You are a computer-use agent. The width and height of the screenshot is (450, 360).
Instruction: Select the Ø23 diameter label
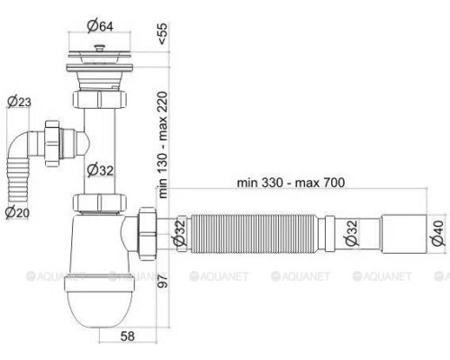pyautogui.click(x=19, y=103)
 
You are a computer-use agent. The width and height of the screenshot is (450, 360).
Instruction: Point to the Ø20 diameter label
pyautogui.click(x=17, y=212)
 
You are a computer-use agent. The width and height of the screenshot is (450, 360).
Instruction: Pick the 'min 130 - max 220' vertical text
pyautogui.click(x=163, y=144)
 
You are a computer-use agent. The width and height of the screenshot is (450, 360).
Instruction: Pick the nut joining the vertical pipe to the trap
pyautogui.click(x=97, y=202)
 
